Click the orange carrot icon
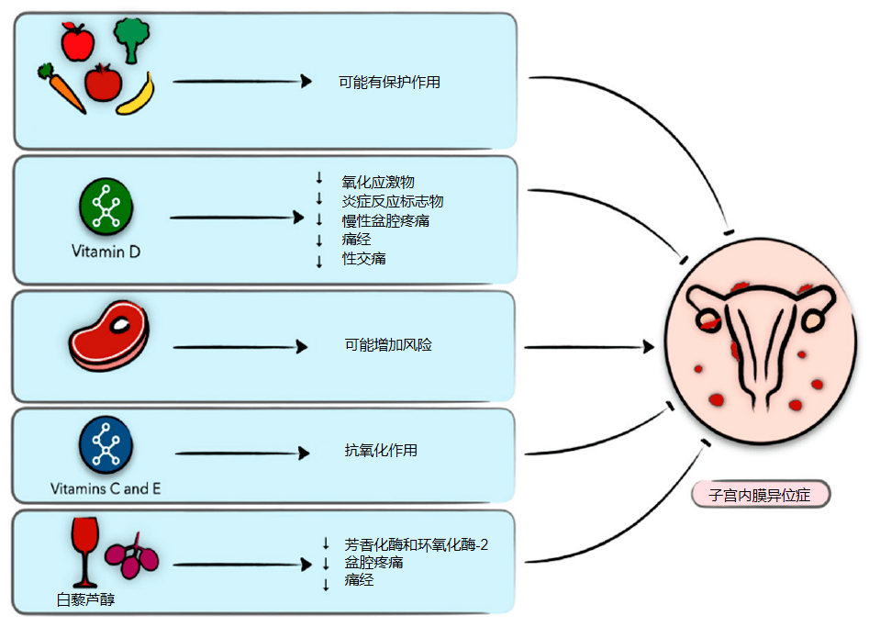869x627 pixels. coord(61,87)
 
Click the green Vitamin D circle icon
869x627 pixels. coord(106,206)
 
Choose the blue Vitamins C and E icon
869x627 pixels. coord(106,444)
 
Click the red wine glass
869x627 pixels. coord(84,550)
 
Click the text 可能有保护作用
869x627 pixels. coord(389,82)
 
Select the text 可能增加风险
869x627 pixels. coord(388,346)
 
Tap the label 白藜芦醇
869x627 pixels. coord(85,600)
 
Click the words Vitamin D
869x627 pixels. coord(106,250)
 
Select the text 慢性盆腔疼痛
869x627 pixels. coord(385,221)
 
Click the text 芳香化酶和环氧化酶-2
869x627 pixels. coord(417,544)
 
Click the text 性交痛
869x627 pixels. coord(363,259)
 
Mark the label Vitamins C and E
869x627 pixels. coord(106,488)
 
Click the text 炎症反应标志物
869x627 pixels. coord(393,202)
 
